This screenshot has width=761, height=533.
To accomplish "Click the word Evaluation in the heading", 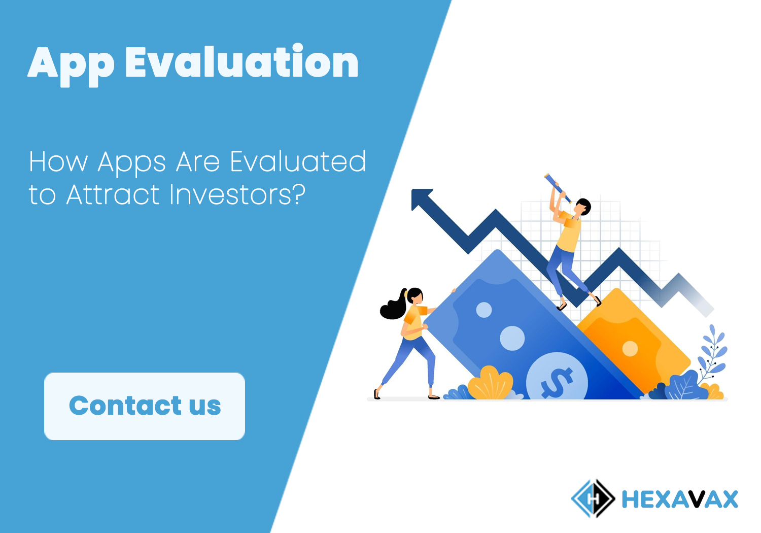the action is click(x=241, y=61).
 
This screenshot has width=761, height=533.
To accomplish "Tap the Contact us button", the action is click(x=145, y=406).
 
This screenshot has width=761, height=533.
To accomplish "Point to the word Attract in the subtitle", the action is click(x=113, y=194).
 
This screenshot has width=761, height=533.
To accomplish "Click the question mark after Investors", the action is click(x=299, y=194).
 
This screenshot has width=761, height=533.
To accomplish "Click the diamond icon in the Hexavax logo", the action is click(x=593, y=498).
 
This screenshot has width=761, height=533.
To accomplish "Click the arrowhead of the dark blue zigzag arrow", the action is click(x=421, y=199).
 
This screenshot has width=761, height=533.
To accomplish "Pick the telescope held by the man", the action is click(x=558, y=188).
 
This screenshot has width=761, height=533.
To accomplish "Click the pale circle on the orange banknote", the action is click(x=630, y=349).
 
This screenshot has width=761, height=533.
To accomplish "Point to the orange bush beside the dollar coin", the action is click(x=490, y=383).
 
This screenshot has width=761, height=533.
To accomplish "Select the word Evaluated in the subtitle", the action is click(x=298, y=162).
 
